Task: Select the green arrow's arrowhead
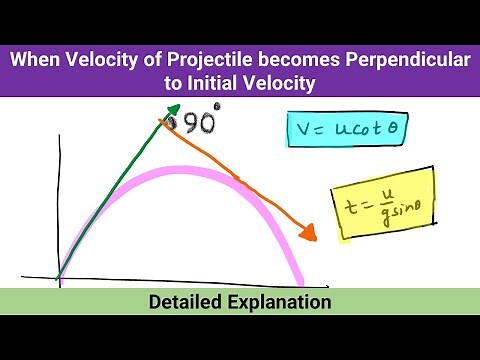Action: click(173, 110)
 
